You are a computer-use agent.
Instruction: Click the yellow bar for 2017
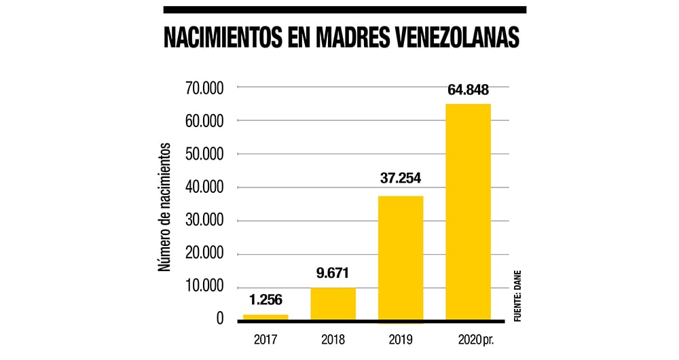265,317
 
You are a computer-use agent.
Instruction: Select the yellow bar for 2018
333,303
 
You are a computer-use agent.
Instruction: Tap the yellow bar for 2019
401,258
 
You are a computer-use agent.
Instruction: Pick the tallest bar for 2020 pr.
468,211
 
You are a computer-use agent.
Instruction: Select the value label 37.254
401,179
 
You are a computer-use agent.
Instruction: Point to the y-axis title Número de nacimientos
165,207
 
